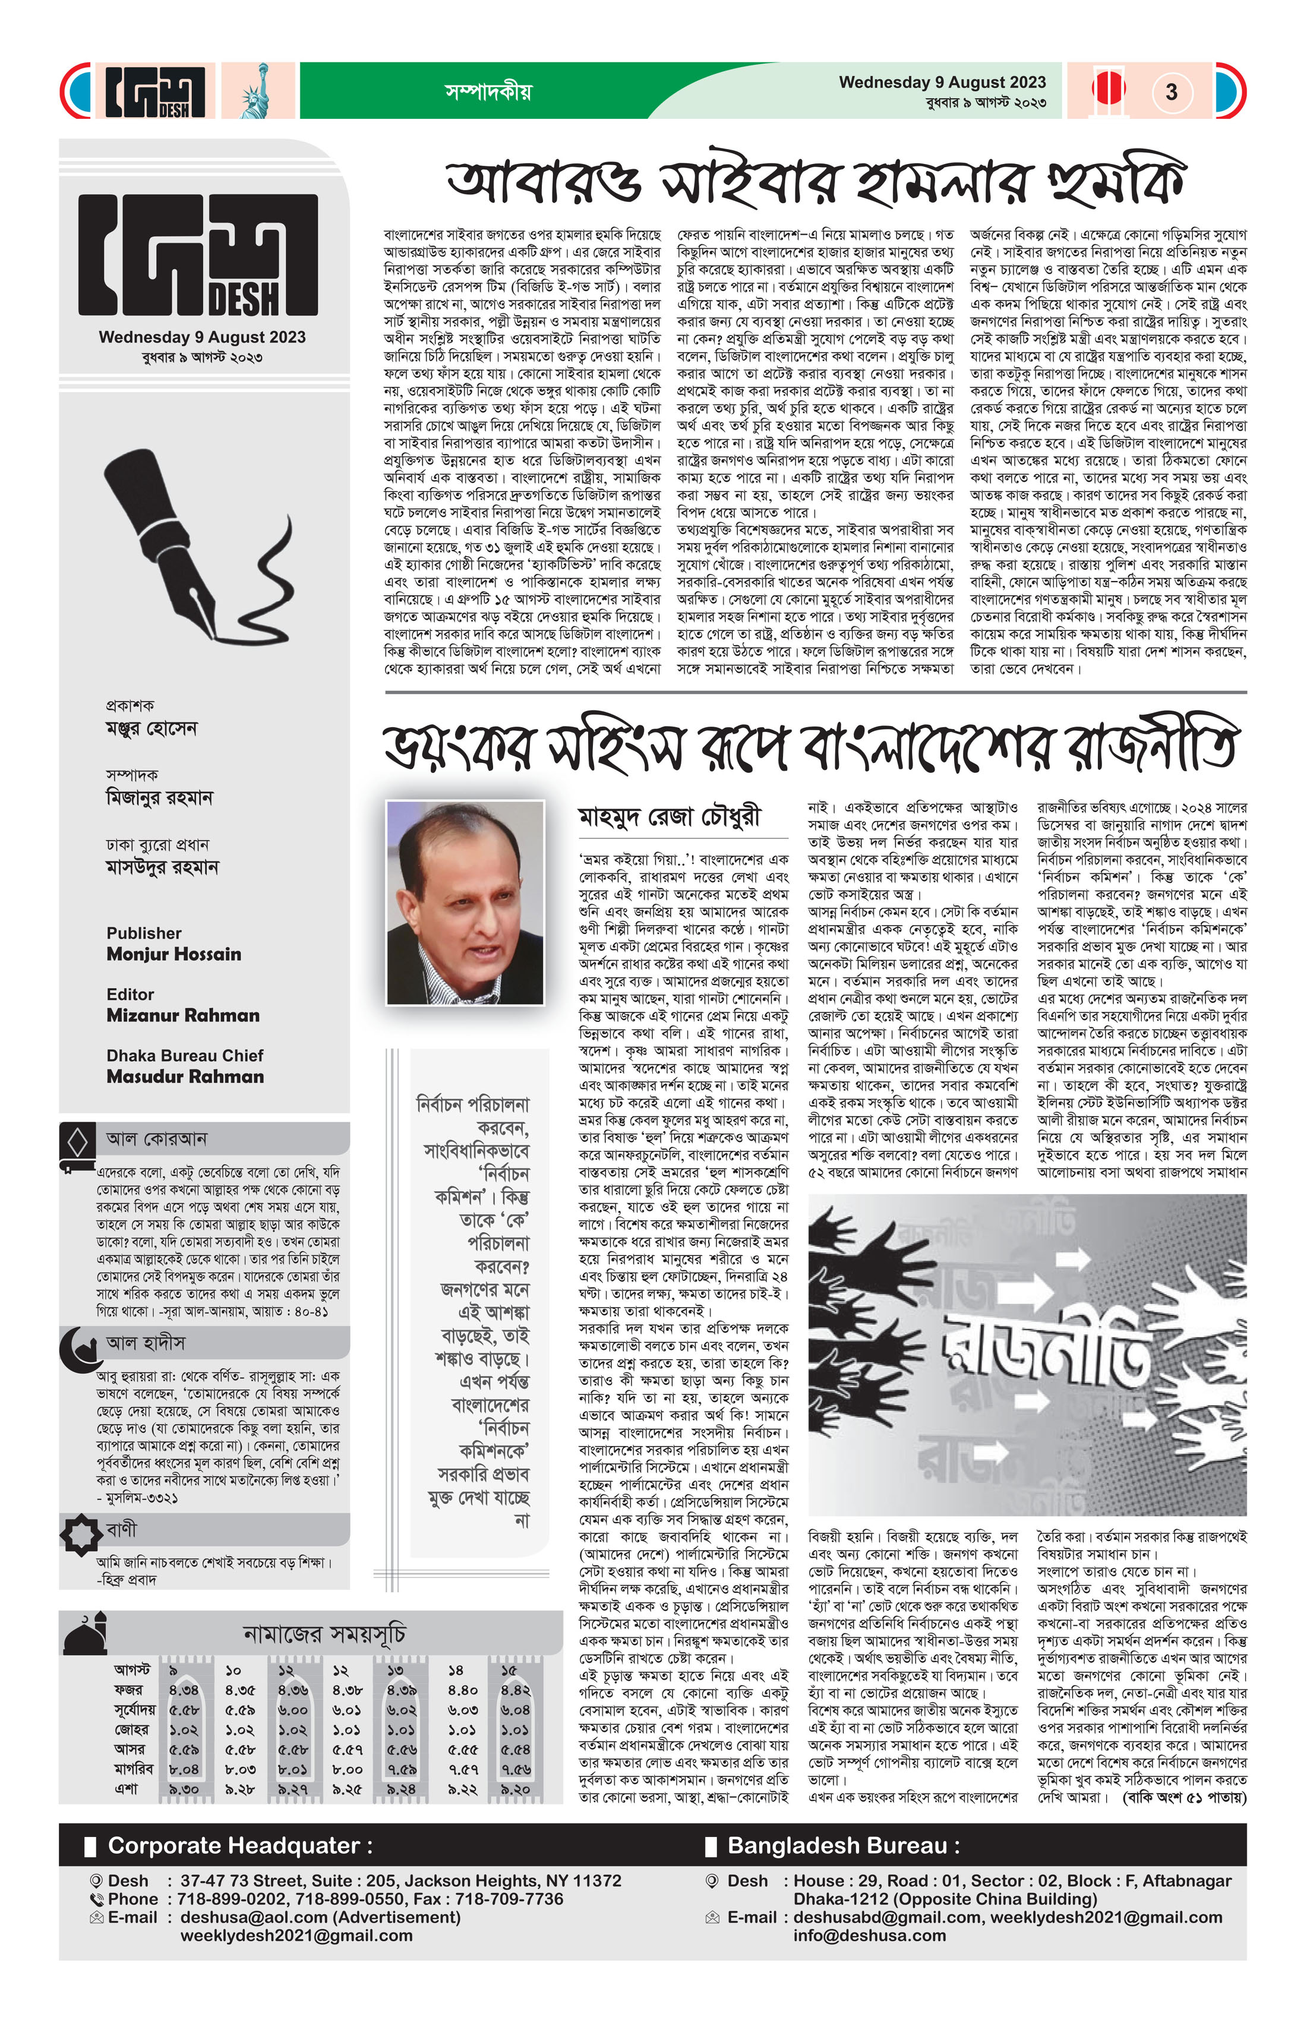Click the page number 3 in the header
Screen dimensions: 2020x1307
coord(1171,91)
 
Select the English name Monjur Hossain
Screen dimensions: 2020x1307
coord(174,954)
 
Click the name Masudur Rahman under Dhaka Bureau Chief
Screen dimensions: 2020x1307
coord(185,1076)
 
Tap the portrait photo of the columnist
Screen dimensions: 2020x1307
coord(465,902)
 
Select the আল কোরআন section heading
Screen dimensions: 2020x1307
coord(156,1139)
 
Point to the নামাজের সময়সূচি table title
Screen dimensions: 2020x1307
coord(324,1634)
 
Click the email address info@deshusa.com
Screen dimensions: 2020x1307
coord(869,1936)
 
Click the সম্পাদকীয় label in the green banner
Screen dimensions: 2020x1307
coord(488,91)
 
